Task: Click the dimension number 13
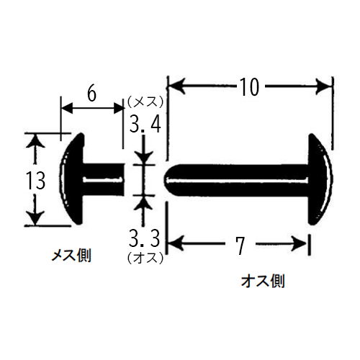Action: click(35, 181)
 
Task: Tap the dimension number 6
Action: click(91, 94)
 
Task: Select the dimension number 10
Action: click(250, 86)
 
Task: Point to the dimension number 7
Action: click(240, 246)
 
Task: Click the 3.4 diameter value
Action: click(145, 124)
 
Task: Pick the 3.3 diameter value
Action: click(144, 238)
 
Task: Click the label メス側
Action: click(71, 255)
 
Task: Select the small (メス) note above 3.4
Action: click(145, 103)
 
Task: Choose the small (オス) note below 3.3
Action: click(145, 258)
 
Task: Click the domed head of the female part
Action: click(72, 179)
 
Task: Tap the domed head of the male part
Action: click(320, 179)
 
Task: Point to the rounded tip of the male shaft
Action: click(168, 179)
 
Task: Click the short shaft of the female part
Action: click(104, 179)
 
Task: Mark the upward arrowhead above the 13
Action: click(36, 141)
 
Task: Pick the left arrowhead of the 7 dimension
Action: click(176, 243)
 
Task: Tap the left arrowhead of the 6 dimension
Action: click(67, 109)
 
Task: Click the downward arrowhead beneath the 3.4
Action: click(143, 158)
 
